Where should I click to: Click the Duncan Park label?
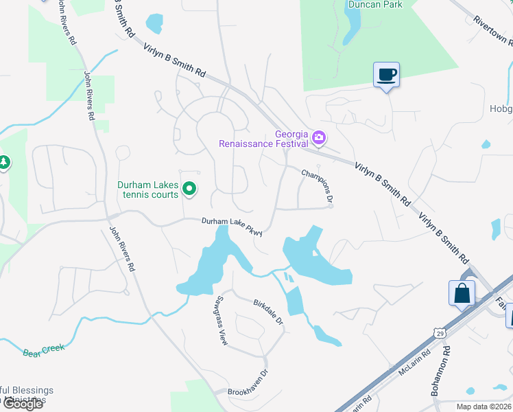click(x=374, y=4)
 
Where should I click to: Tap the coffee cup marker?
click(x=386, y=74)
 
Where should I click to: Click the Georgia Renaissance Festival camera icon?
click(x=319, y=139)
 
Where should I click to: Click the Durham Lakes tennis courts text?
click(x=148, y=190)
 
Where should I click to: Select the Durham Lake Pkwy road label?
click(x=232, y=225)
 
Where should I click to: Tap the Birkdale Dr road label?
click(x=268, y=312)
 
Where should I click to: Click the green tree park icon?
click(x=5, y=163)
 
